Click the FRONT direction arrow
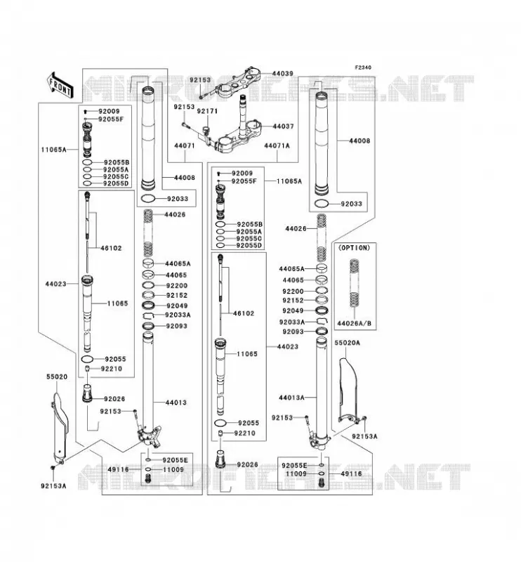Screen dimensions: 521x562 [x=60, y=85]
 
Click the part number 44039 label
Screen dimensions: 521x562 [x=283, y=74]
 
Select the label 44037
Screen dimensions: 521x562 [x=283, y=126]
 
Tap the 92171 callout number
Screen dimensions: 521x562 [x=207, y=111]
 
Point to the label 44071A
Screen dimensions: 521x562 [x=277, y=145]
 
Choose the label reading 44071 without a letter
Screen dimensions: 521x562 [x=185, y=145]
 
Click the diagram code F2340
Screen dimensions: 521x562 [x=363, y=67]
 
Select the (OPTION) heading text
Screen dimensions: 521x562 [x=354, y=248]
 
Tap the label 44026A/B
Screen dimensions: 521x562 [x=354, y=324]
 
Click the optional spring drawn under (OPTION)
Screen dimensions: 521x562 [x=354, y=283]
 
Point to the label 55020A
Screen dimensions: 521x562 [x=347, y=343]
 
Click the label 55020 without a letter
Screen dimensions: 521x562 [x=57, y=377]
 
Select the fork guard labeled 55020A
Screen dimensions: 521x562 [x=349, y=390]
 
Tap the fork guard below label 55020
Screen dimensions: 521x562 [x=60, y=429]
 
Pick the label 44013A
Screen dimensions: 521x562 [x=291, y=398]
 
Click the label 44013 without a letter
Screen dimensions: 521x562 [x=176, y=403]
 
